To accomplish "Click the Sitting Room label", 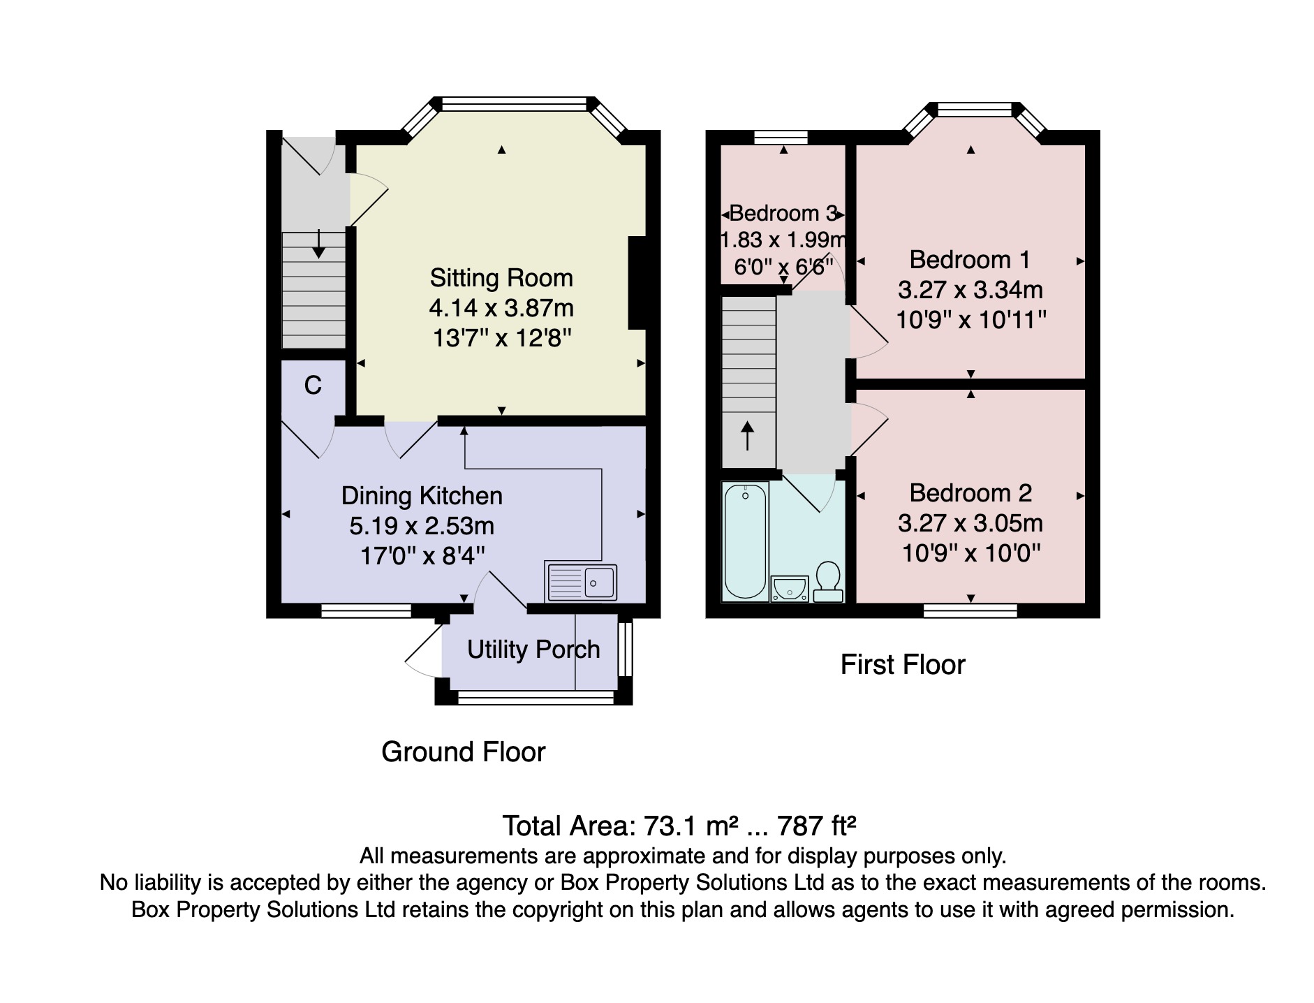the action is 501,278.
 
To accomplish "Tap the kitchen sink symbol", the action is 582,582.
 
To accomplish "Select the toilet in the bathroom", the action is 828,582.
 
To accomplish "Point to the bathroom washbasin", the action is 790,589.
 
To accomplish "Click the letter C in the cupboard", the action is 313,386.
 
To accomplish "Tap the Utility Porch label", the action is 533,650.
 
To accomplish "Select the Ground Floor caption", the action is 464,752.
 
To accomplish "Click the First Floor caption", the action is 903,665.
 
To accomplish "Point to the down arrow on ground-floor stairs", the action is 319,244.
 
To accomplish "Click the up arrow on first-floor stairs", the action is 747,436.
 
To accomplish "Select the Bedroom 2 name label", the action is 970,493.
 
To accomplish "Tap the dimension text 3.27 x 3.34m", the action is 970,290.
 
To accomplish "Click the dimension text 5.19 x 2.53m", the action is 422,526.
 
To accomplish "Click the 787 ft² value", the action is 817,826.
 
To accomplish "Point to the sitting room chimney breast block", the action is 637,283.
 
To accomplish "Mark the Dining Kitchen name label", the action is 422,496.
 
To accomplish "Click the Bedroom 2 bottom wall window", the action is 970,611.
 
